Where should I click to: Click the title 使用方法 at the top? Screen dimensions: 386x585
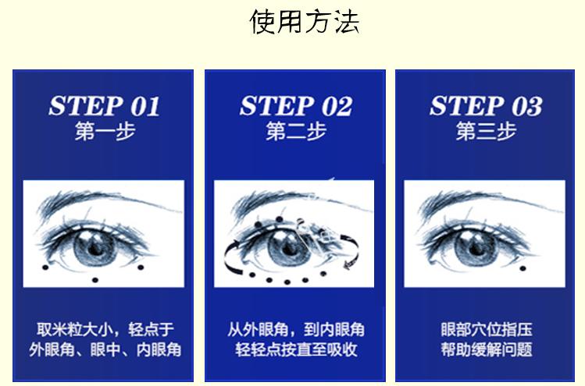[x=304, y=21]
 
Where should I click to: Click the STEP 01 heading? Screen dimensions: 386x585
[x=104, y=106]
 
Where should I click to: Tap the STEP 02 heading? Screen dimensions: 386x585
[x=295, y=106]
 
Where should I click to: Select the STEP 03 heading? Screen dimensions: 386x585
[x=486, y=106]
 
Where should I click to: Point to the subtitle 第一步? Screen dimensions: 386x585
[x=105, y=130]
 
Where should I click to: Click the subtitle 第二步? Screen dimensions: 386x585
[x=295, y=130]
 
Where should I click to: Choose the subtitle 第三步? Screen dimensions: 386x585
[x=486, y=130]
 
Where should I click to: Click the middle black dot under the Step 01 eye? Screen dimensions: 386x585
[x=95, y=279]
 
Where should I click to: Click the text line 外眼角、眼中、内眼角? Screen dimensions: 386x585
[x=105, y=349]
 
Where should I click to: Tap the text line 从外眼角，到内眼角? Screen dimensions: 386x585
[x=296, y=329]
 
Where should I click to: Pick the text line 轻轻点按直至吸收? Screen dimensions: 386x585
[x=296, y=349]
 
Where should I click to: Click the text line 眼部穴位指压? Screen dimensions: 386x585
[x=487, y=329]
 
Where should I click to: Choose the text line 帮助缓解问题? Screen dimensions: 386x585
[x=487, y=349]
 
